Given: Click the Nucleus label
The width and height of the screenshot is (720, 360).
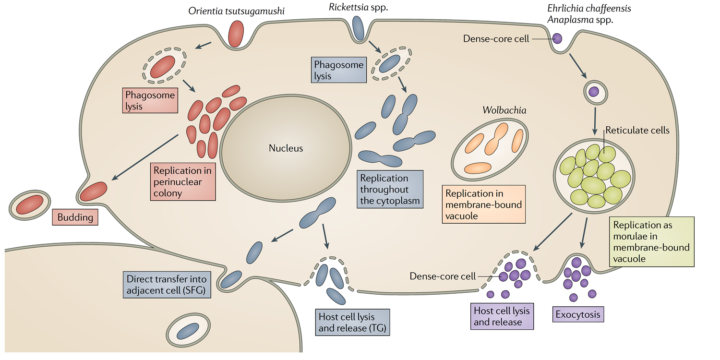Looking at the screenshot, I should tap(286, 148).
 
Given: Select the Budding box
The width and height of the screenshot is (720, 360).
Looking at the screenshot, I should tap(75, 217).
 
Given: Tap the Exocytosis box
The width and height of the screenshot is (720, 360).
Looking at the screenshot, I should tap(578, 315).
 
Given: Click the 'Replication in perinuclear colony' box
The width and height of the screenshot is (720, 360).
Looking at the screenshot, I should tap(182, 182).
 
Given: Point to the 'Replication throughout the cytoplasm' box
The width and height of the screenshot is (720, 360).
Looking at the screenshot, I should tap(390, 189).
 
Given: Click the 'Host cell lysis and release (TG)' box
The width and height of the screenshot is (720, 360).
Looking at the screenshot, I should tap(352, 322).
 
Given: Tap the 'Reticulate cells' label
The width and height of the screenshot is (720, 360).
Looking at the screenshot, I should tap(637, 130).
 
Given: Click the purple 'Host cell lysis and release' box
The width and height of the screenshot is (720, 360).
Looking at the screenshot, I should tap(501, 316).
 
